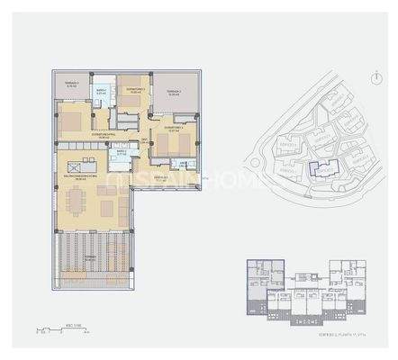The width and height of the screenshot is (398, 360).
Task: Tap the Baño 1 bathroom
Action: [103, 94]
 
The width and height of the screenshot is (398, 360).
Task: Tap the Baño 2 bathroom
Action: [122, 153]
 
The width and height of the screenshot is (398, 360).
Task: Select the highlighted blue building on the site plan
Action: [319, 166]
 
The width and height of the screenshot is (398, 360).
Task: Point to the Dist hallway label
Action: [145, 141]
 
